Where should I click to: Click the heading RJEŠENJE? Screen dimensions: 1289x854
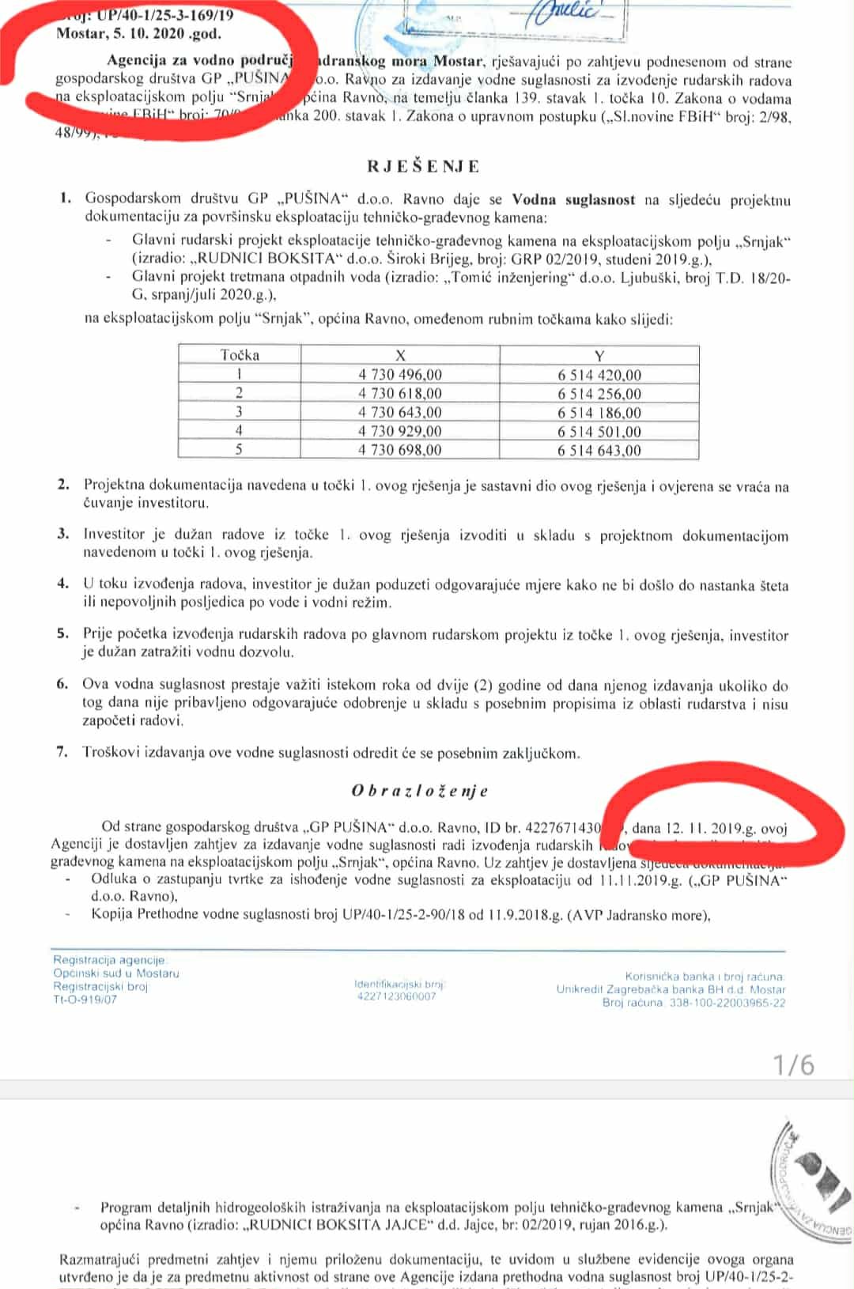[x=423, y=166]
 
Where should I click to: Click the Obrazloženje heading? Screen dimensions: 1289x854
[x=420, y=790]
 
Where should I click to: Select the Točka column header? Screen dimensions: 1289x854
[x=240, y=355]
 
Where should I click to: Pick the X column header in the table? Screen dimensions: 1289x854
[x=400, y=355]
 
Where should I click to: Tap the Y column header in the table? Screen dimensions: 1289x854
[x=599, y=356]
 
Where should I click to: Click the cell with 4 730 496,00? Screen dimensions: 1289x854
[x=400, y=375]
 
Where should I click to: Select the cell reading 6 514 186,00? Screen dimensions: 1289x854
[x=599, y=413]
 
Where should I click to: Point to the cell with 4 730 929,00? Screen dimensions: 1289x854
[x=400, y=431]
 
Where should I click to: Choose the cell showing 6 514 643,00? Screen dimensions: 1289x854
[x=599, y=451]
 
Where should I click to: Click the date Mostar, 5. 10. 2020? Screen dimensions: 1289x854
[x=138, y=33]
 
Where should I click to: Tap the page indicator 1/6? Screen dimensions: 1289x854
[x=794, y=1064]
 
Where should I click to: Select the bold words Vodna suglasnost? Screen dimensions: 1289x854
[x=573, y=199]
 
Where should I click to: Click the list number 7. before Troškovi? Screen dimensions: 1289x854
[x=62, y=751]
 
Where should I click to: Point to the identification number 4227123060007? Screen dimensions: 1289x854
[x=396, y=996]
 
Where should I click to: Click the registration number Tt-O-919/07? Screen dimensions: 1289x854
[x=85, y=1000]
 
